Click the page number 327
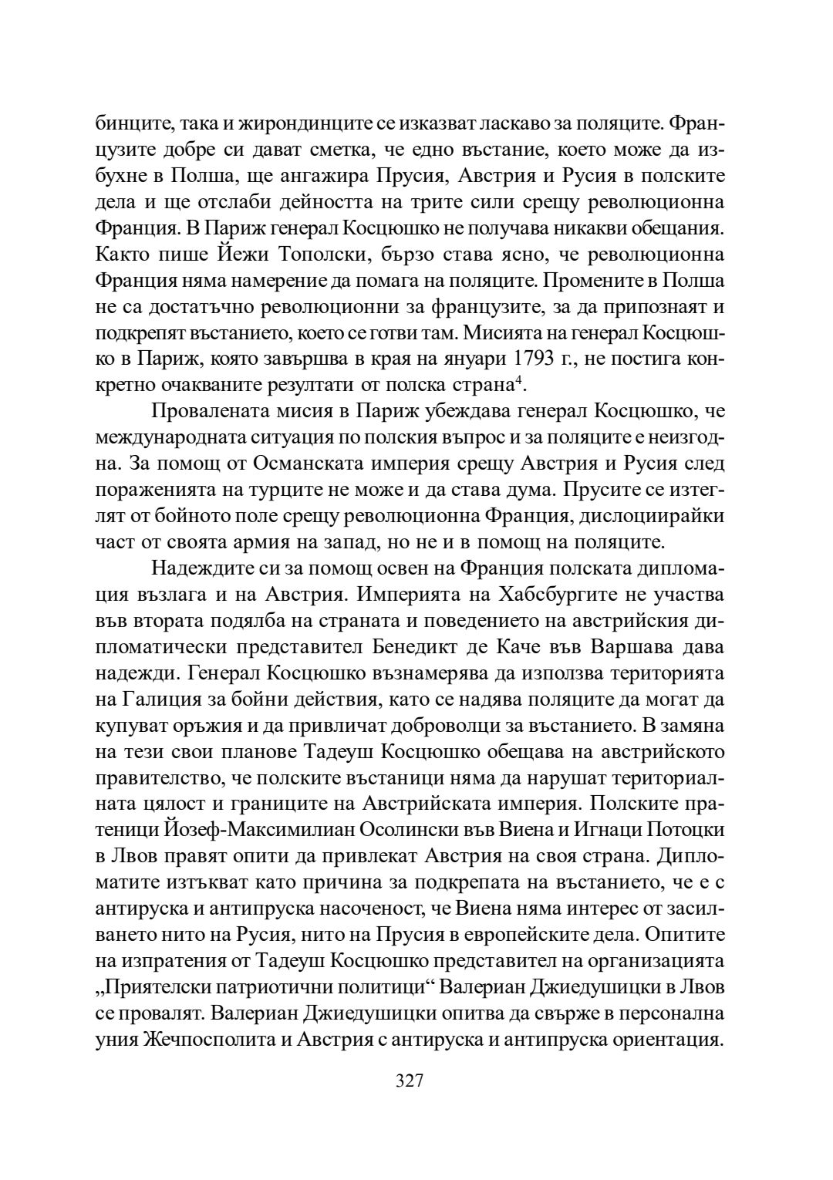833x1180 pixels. [409, 1081]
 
